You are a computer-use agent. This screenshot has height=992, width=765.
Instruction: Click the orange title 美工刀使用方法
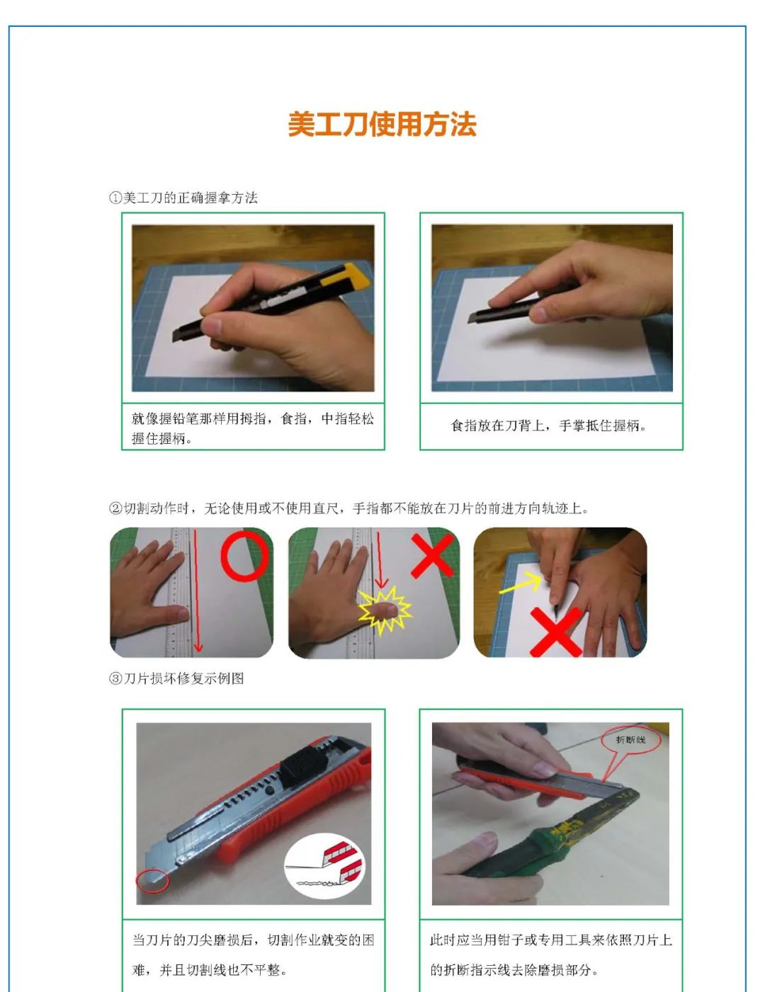pyautogui.click(x=382, y=125)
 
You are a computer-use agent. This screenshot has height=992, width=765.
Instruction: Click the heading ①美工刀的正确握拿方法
pyautogui.click(x=183, y=198)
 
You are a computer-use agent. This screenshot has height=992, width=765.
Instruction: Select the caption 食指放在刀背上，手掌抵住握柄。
pyautogui.click(x=549, y=426)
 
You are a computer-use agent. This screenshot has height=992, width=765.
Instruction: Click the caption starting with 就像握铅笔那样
pyautogui.click(x=252, y=428)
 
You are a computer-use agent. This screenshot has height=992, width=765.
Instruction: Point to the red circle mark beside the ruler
pyautogui.click(x=244, y=557)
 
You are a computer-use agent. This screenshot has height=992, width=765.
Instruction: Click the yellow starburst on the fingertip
pyautogui.click(x=384, y=610)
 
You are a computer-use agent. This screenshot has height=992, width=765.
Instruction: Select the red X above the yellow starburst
pyautogui.click(x=432, y=555)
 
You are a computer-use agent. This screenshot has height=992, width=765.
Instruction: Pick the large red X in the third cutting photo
pyautogui.click(x=556, y=632)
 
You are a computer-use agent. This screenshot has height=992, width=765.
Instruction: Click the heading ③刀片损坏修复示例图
pyautogui.click(x=176, y=678)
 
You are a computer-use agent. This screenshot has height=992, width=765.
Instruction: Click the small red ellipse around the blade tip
pyautogui.click(x=152, y=880)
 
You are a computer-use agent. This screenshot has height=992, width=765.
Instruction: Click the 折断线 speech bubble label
pyautogui.click(x=630, y=740)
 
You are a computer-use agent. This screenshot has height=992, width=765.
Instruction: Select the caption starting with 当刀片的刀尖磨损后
pyautogui.click(x=253, y=954)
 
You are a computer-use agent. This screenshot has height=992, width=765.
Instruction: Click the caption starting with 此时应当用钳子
pyautogui.click(x=550, y=954)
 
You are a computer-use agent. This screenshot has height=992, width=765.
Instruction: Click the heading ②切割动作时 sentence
pyautogui.click(x=348, y=508)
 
